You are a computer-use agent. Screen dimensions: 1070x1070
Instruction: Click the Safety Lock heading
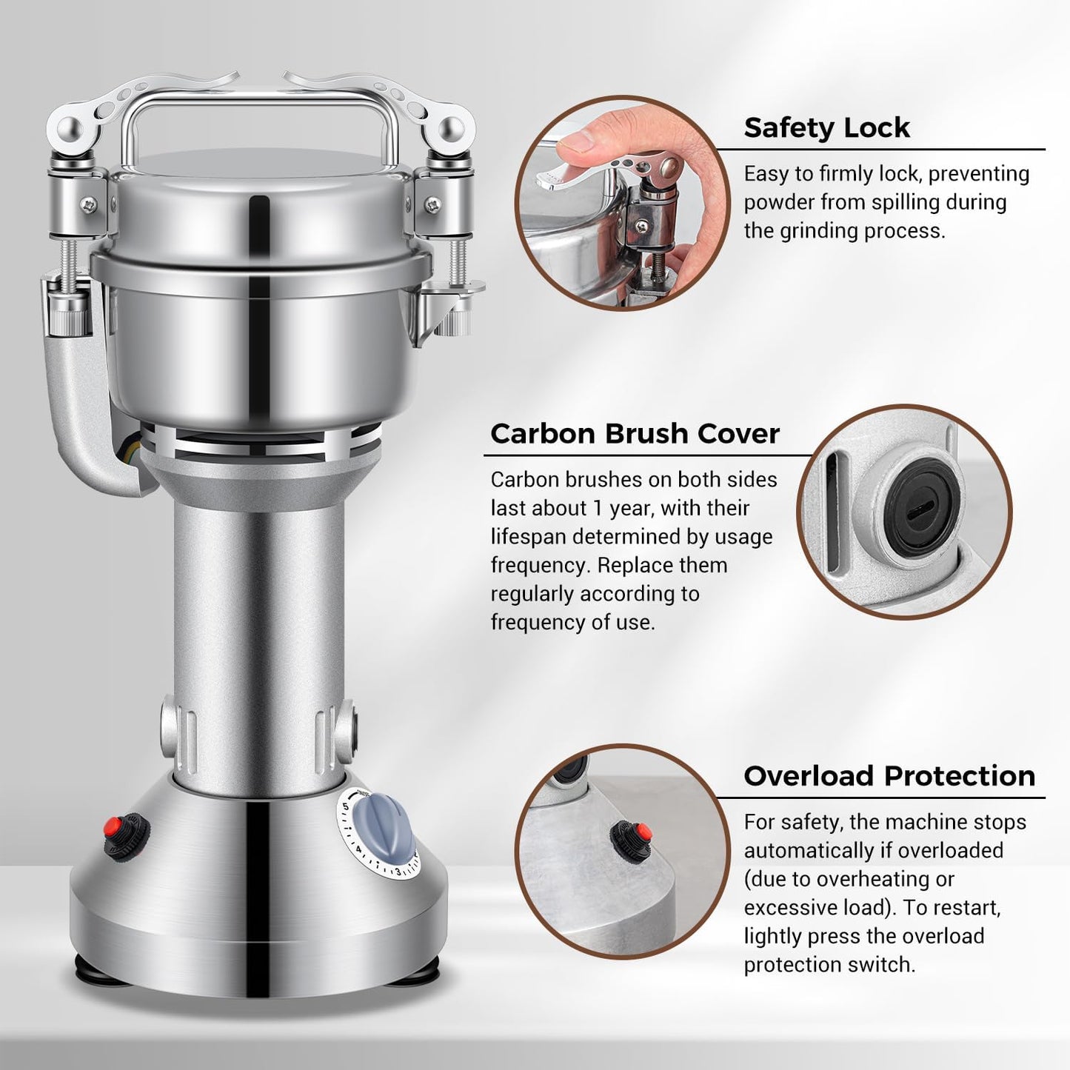coord(826,127)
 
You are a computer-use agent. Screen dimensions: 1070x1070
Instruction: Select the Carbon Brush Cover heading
coord(635,433)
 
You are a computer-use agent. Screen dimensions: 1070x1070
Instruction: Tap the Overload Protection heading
coord(889,775)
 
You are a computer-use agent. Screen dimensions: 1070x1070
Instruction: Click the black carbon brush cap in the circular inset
coord(921,509)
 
